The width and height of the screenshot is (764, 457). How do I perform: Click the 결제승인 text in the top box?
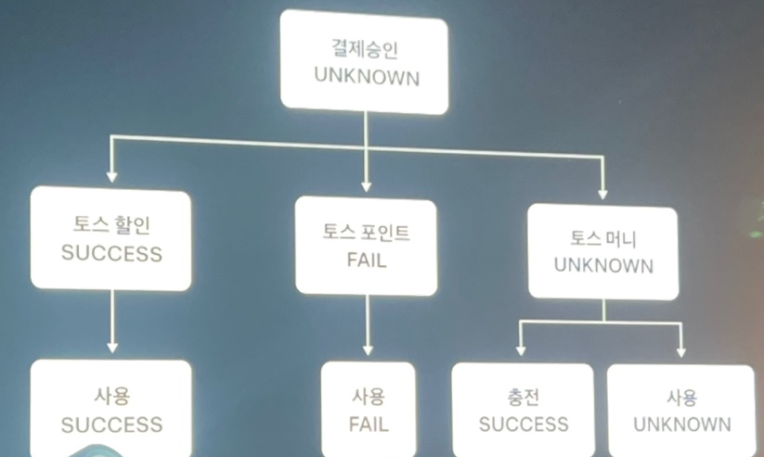coord(365,47)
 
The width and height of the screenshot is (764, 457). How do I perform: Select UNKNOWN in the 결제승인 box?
coord(365,77)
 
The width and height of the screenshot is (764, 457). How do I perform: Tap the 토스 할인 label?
coord(111,225)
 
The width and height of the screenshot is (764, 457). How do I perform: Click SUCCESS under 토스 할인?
coord(111,253)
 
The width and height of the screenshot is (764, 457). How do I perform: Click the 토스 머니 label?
coord(604,238)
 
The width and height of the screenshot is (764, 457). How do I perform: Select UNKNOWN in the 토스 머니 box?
coord(604,266)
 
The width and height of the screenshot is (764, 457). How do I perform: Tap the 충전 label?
coord(524,398)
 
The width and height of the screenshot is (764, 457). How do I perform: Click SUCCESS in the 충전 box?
coord(524,425)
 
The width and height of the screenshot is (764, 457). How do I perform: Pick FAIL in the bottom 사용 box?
coord(369,425)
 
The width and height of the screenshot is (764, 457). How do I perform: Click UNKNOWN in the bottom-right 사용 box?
coord(681,425)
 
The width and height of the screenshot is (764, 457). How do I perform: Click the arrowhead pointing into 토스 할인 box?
coord(111,175)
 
